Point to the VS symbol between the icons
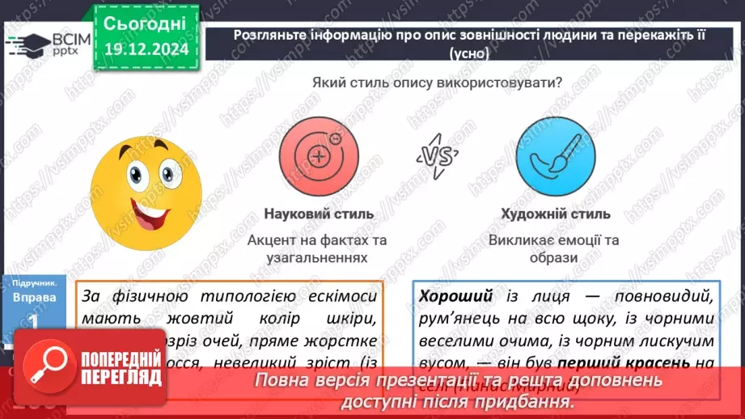[437, 155]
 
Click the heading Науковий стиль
[319, 214]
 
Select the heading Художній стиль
[555, 214]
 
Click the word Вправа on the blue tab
[34, 298]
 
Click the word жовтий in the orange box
[192, 319]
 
